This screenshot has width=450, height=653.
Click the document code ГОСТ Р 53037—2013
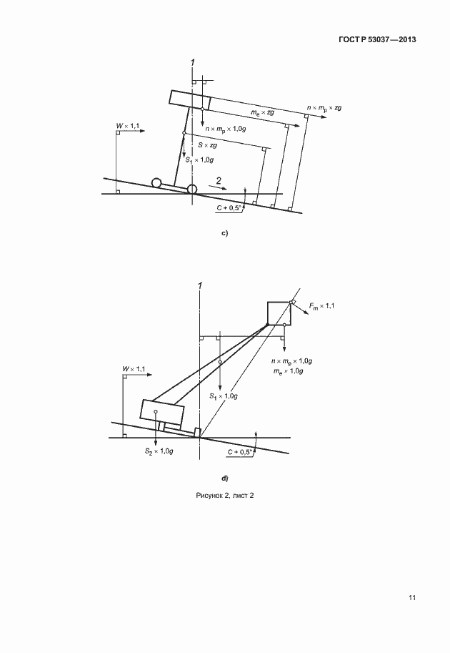[x=378, y=39]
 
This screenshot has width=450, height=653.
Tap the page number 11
[x=412, y=598]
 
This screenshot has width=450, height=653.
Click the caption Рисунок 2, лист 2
[x=224, y=495]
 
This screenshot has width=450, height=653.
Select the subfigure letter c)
[x=224, y=233]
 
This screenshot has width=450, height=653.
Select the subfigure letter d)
[x=224, y=478]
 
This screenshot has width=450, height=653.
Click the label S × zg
[x=208, y=145]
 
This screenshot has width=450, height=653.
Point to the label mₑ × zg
[x=262, y=112]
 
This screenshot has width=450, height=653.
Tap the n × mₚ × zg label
[x=324, y=108]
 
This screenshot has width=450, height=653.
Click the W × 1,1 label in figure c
[x=128, y=125]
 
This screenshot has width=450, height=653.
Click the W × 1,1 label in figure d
[x=134, y=368]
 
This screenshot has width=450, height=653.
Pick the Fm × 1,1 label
[x=321, y=306]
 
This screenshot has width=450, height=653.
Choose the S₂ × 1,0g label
[x=159, y=451]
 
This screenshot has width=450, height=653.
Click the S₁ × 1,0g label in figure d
[x=224, y=396]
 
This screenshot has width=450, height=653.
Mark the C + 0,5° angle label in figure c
[x=229, y=208]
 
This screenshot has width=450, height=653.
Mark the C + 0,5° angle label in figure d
[x=241, y=452]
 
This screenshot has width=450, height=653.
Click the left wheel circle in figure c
[x=156, y=182]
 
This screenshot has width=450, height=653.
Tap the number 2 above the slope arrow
[x=219, y=181]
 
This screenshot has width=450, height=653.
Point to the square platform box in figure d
[x=279, y=313]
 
